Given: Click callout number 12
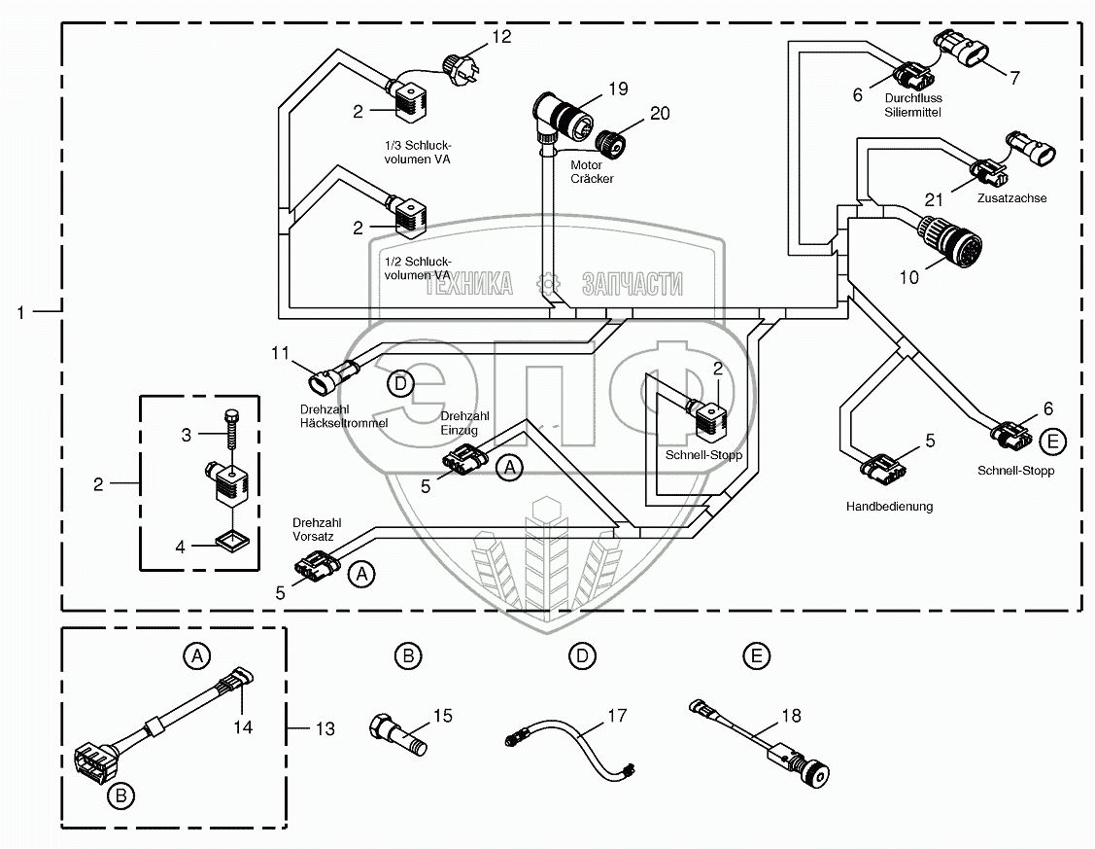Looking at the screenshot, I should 500,37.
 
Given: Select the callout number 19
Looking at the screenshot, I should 618,89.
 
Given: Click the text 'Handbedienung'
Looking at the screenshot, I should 889,507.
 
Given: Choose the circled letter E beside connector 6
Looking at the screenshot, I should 1052,442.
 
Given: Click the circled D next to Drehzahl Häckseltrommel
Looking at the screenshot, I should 400,384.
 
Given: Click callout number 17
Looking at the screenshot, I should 619,717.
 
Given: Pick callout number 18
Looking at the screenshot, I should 792,717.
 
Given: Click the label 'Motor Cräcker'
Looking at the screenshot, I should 592,172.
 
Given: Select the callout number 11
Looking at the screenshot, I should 281,353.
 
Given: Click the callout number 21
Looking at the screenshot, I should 934,200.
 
